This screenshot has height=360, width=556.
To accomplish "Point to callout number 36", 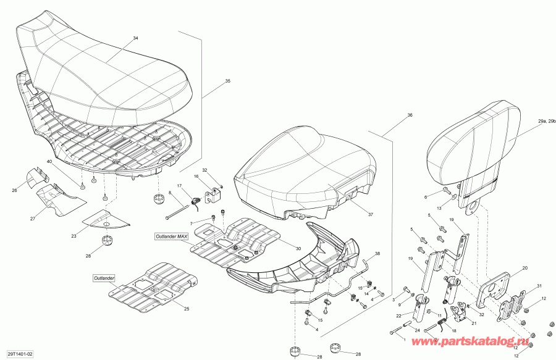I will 410,115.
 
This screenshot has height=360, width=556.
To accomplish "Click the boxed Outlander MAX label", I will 172,236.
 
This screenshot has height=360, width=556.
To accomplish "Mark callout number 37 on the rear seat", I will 371,215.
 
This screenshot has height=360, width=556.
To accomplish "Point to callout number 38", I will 378,254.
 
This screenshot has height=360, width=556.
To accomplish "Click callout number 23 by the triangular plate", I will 73,236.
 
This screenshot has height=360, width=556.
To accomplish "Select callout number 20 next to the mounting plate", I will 524,269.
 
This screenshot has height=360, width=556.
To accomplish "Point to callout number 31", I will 538,285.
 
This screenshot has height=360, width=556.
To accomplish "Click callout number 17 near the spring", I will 180,186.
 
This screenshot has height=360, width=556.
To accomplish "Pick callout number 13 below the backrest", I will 439,209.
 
